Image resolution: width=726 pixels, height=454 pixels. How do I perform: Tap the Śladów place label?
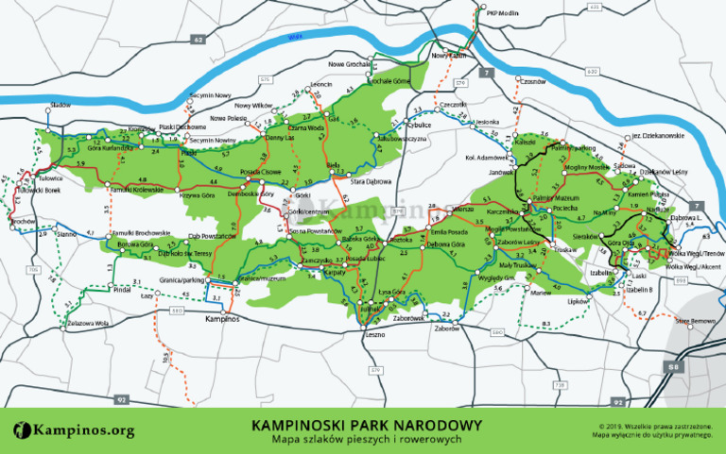coord(61,105)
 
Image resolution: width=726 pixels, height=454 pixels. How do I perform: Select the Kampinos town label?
coord(223,319)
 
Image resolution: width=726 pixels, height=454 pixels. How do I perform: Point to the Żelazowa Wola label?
coord(89,323)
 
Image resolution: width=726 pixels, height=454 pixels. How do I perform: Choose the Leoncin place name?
coord(321,84)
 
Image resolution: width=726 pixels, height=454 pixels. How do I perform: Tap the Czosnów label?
coord(534,81)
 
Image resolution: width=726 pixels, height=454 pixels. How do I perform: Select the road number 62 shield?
coord(198,41)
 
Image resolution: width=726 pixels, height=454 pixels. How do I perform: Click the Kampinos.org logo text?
coord(76,430)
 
